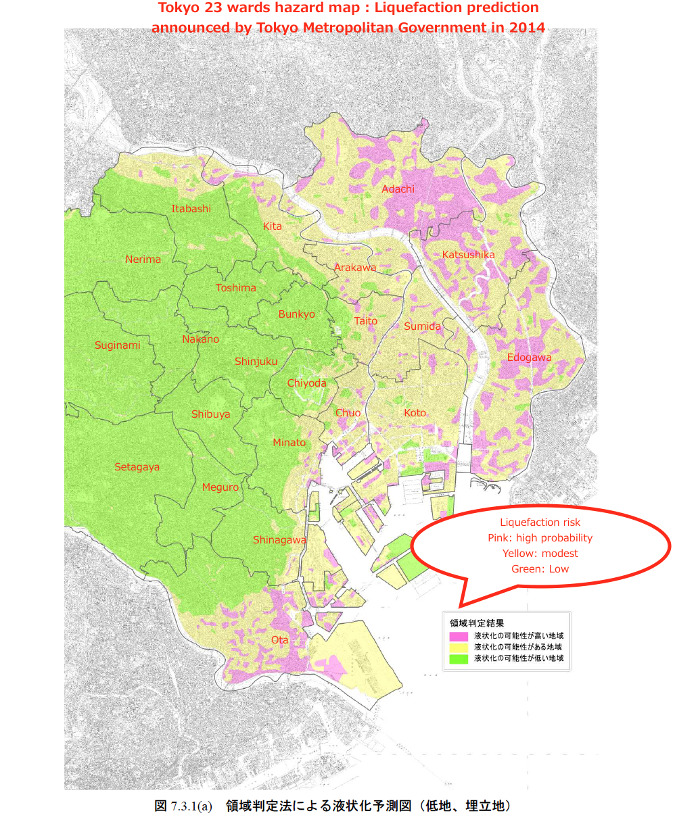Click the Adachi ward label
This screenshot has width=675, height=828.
click(398, 189)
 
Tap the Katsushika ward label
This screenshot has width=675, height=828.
click(468, 255)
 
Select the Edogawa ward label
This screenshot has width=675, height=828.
click(529, 358)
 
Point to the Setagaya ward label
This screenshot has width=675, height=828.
click(137, 467)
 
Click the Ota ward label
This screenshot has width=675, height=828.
click(279, 640)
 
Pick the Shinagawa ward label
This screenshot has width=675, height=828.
click(279, 540)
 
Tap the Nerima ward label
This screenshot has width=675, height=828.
click(143, 260)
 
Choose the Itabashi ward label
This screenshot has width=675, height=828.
click(191, 209)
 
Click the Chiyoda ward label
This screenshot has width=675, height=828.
click(306, 383)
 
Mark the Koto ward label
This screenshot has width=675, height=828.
click(415, 413)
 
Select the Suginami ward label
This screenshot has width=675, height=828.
click(117, 345)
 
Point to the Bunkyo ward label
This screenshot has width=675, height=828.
click(296, 314)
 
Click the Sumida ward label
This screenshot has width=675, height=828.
click(422, 326)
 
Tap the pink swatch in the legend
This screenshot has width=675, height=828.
click(459, 636)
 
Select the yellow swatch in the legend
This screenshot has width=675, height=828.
click(459, 647)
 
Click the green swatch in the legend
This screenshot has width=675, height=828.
click(459, 658)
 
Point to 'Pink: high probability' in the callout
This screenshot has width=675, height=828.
click(540, 538)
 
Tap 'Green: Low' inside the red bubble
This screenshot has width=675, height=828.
click(540, 569)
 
